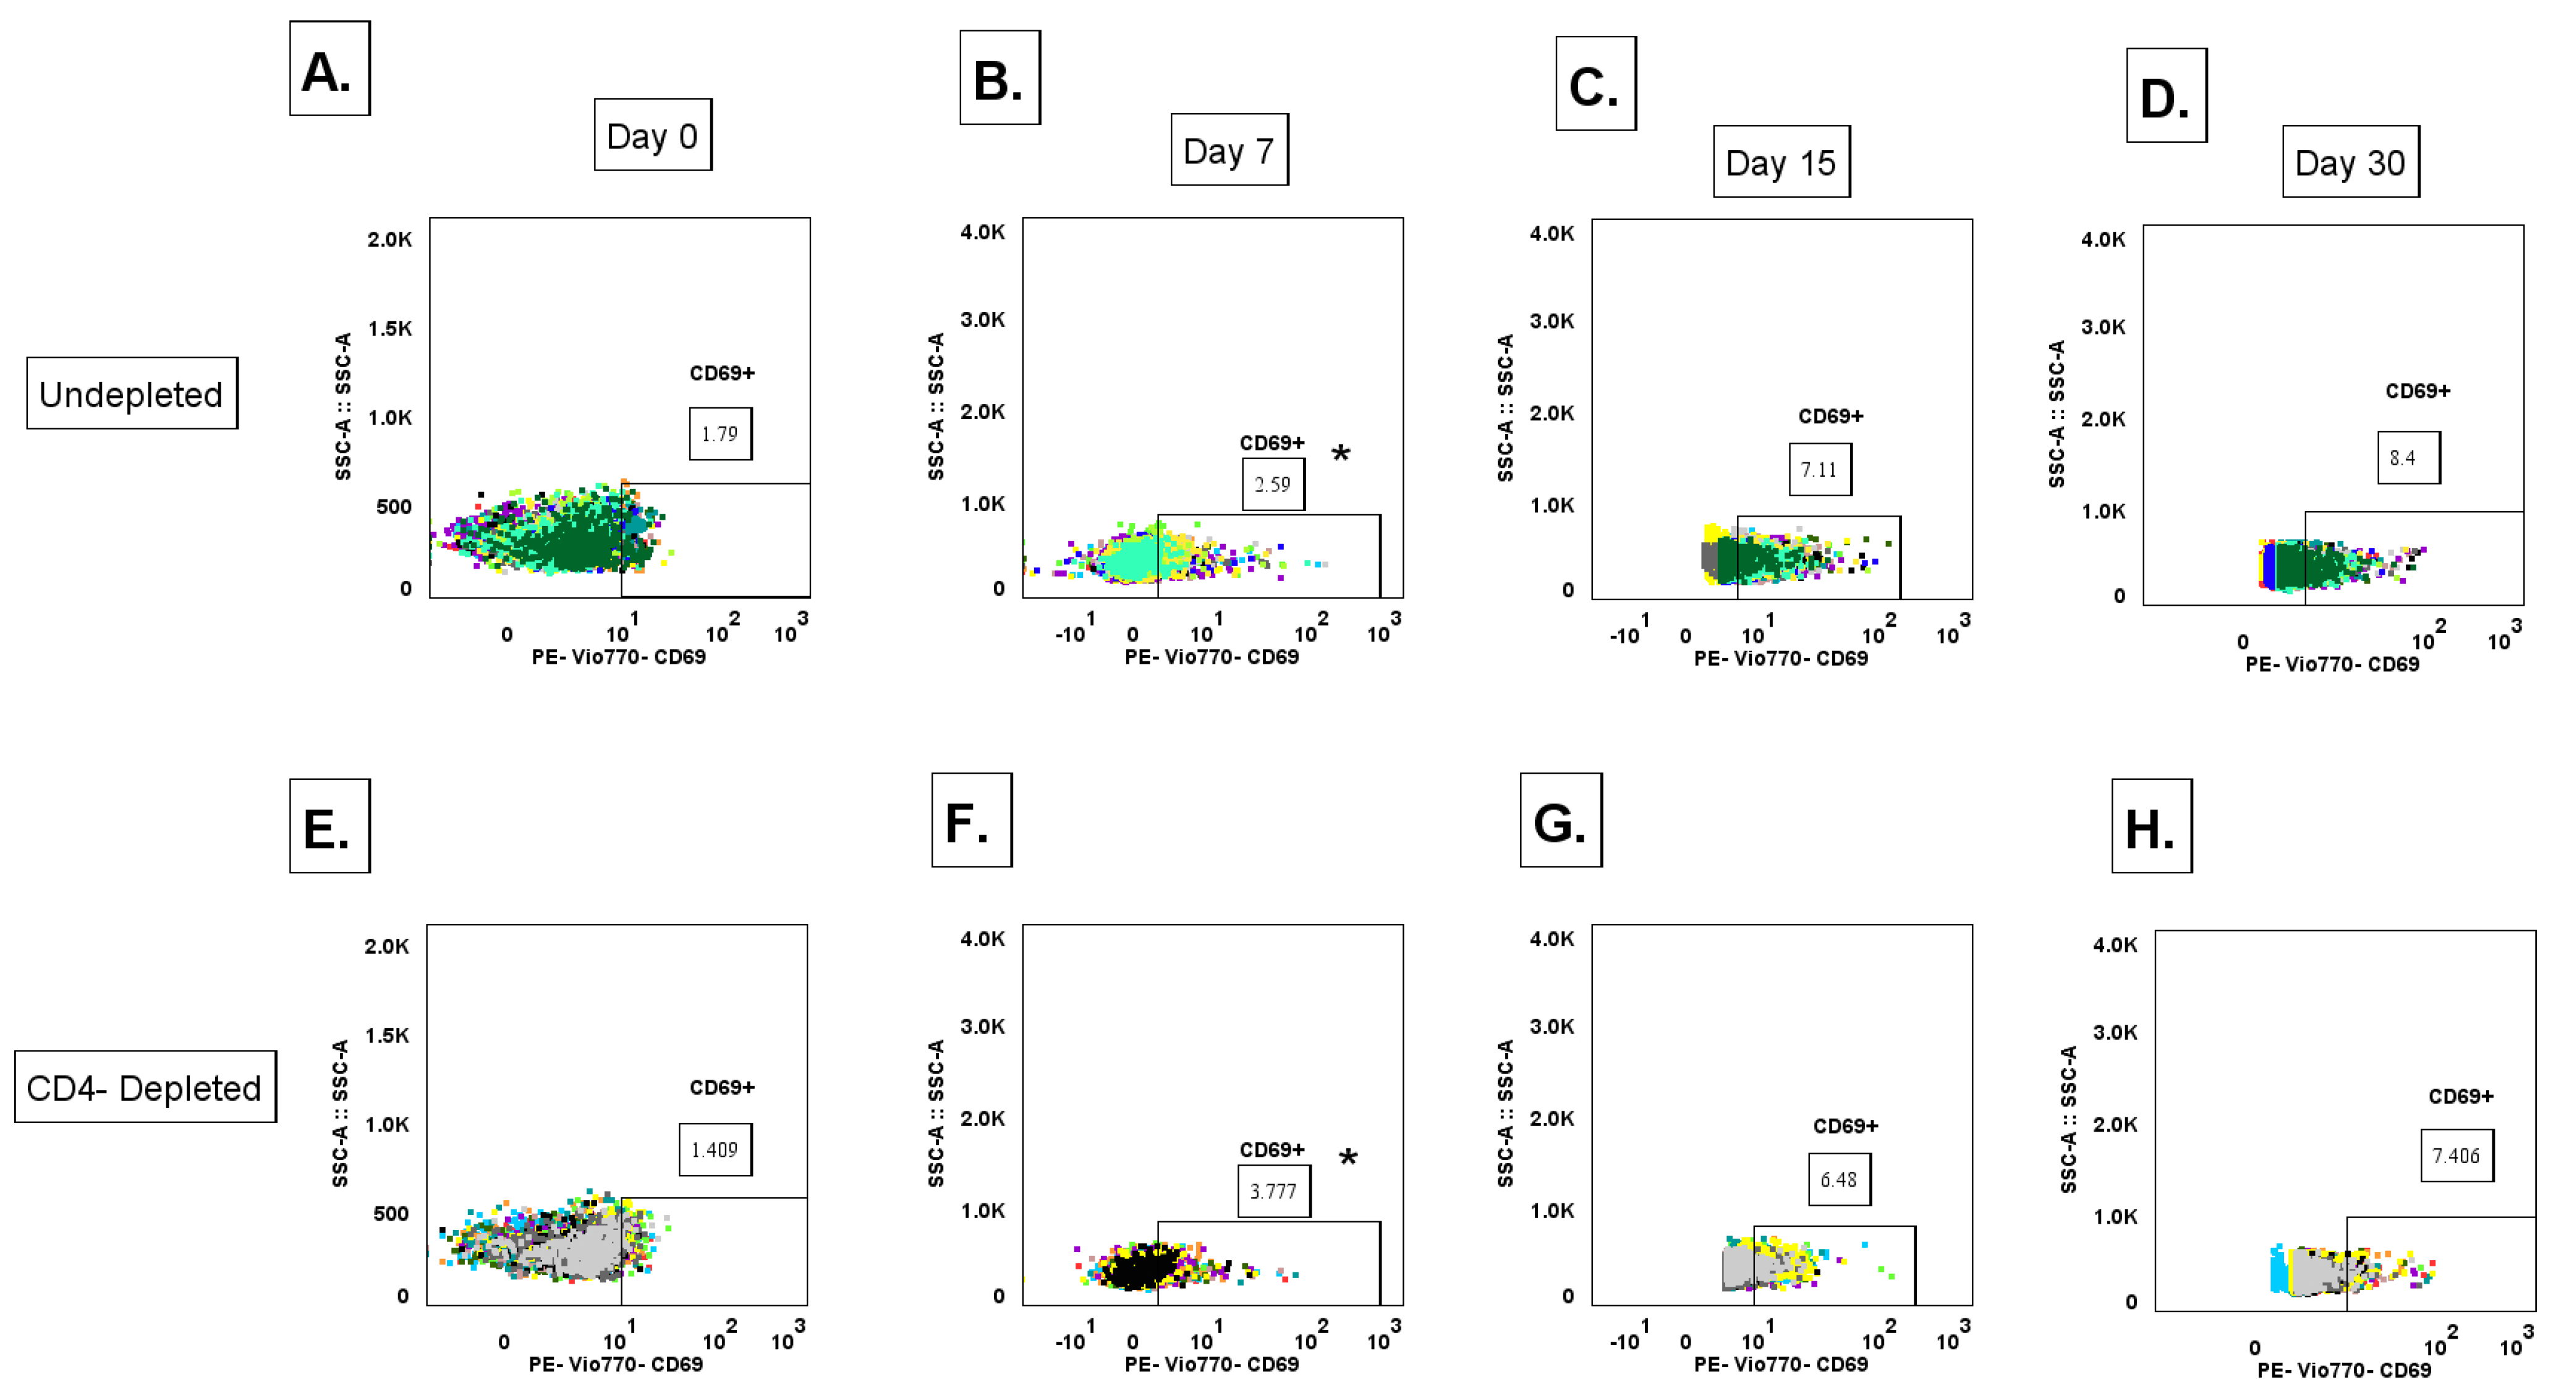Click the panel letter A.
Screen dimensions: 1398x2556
point(328,69)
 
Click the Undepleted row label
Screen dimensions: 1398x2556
point(131,394)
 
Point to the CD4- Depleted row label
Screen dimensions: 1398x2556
point(145,1088)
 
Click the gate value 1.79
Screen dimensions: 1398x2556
point(720,434)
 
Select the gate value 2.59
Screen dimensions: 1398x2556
point(1272,484)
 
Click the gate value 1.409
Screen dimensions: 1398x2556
point(715,1149)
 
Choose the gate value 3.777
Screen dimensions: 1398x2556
point(1273,1190)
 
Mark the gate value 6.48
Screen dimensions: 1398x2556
point(1838,1179)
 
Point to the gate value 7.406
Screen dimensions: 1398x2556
point(2456,1155)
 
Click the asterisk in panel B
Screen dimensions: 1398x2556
point(1341,454)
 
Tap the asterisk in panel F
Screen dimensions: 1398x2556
point(1348,1158)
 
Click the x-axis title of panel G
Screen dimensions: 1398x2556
point(1780,1364)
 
